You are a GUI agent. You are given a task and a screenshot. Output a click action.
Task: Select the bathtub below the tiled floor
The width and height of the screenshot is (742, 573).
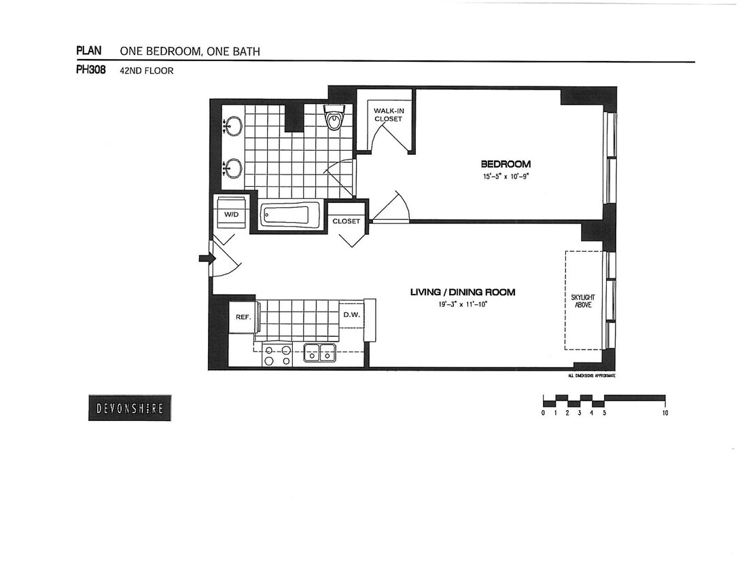(x=291, y=215)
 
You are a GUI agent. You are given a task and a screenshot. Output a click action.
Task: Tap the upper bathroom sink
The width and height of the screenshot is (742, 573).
(x=233, y=126)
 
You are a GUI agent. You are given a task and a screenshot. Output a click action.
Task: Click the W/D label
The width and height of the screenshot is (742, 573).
(x=232, y=213)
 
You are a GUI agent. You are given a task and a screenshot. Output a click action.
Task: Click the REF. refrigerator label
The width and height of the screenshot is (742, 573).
(x=243, y=316)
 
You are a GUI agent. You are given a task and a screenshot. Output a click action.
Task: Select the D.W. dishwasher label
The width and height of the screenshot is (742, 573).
(x=351, y=314)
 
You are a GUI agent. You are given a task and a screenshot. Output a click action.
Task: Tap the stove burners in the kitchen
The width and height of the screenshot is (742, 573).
(x=278, y=355)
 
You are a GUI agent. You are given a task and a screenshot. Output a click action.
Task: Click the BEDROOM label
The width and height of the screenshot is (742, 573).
(x=506, y=164)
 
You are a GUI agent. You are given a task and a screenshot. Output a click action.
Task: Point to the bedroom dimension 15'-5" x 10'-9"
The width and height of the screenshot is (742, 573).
(x=506, y=177)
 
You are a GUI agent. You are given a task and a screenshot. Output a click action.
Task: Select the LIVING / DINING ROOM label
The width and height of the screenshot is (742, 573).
(x=463, y=292)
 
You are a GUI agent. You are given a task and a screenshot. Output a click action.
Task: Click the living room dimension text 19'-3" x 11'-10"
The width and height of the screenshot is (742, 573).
(x=463, y=305)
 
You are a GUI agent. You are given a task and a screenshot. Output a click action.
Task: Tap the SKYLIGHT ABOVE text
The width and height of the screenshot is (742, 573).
(x=583, y=301)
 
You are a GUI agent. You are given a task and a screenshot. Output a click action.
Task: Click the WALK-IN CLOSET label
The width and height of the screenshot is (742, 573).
(x=387, y=114)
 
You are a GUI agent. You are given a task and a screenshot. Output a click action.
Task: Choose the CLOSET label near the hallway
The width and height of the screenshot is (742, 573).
(x=346, y=221)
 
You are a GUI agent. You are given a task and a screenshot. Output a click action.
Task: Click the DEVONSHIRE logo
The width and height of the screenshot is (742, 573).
(x=130, y=408)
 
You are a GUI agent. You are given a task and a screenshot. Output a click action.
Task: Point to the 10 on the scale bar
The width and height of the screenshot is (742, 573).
(x=665, y=413)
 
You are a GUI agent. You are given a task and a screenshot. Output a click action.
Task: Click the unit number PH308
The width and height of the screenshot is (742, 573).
(x=90, y=69)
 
